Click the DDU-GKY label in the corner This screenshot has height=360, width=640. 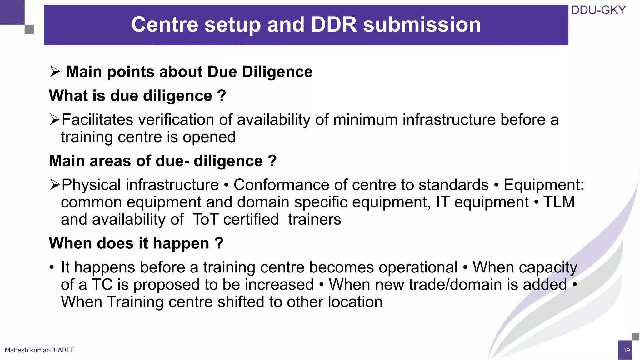click(x=598, y=10)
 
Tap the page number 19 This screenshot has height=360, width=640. click(x=626, y=350)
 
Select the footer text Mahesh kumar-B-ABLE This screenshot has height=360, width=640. click(x=40, y=350)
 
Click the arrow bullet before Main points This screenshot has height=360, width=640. click(x=55, y=72)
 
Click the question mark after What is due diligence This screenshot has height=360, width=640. click(x=221, y=95)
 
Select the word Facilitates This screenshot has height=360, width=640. click(x=97, y=120)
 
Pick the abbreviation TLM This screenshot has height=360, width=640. click(x=559, y=202)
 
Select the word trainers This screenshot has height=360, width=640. click(x=314, y=219)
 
